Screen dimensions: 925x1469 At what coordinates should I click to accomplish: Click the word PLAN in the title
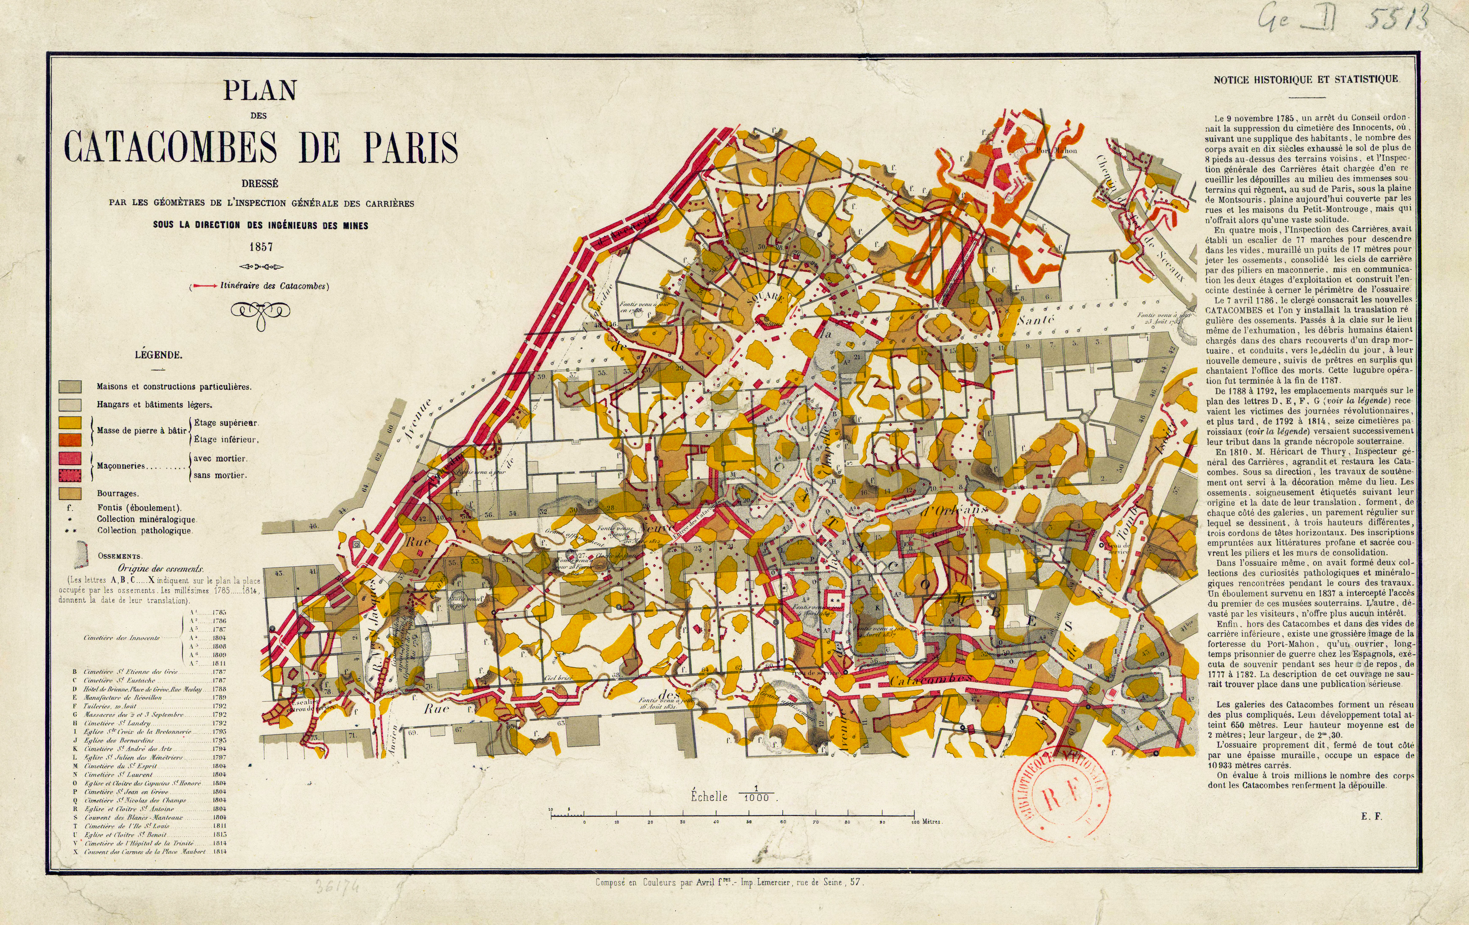pos(260,91)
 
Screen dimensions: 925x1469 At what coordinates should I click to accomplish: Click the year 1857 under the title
pos(260,247)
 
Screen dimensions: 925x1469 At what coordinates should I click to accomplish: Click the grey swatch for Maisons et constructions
pos(70,387)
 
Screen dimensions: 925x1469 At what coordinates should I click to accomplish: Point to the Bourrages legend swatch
pos(70,493)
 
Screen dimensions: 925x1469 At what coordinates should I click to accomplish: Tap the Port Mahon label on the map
pos(1056,150)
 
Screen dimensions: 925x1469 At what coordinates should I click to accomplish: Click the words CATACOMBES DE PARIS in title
pos(261,147)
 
